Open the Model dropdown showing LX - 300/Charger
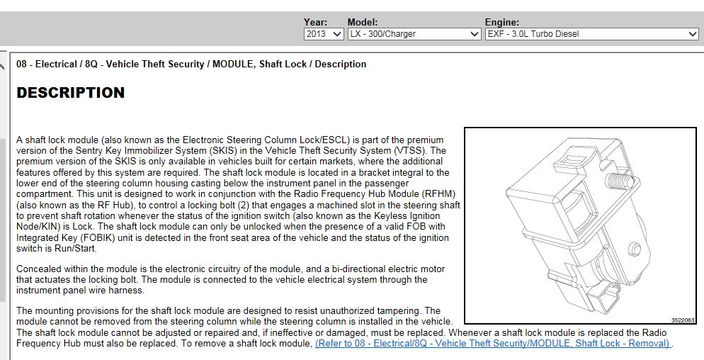(x=414, y=34)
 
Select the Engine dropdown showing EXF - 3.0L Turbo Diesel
(x=592, y=34)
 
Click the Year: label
(x=315, y=23)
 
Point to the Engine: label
(x=502, y=23)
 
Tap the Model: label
(x=363, y=23)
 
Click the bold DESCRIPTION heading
(x=71, y=93)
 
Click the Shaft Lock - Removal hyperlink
(x=493, y=344)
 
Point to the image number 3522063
(x=683, y=320)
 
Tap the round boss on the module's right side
(x=635, y=249)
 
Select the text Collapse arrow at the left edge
(x=5, y=64)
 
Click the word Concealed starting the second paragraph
(x=39, y=269)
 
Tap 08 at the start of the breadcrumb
(x=22, y=64)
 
